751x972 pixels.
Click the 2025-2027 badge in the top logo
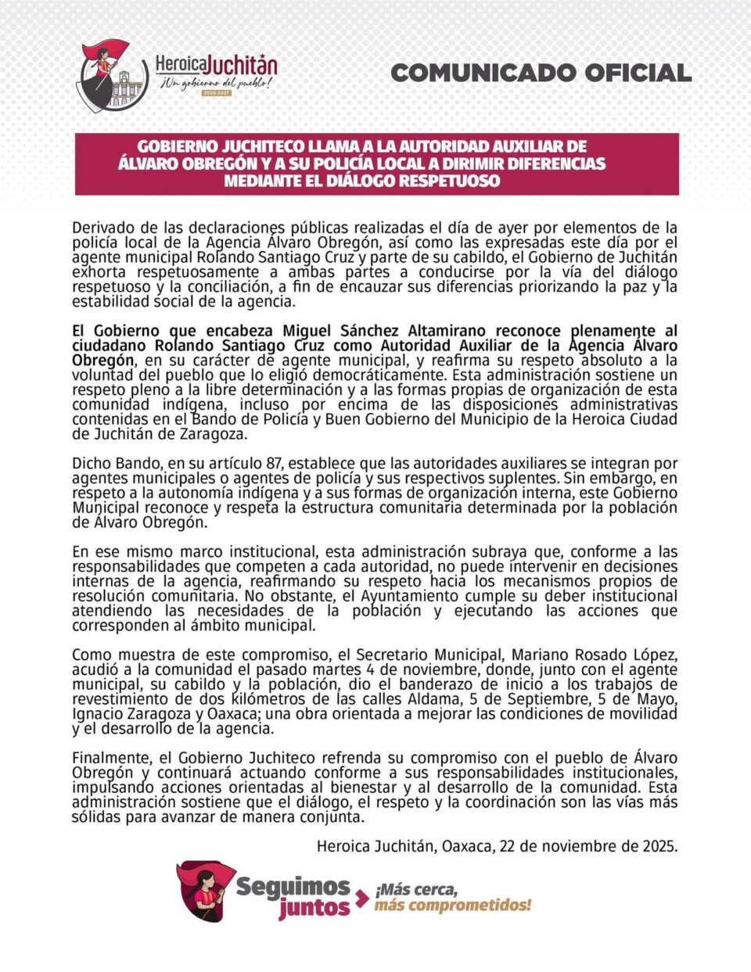[217, 93]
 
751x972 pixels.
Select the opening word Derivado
[102, 228]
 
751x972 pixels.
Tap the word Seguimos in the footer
[293, 886]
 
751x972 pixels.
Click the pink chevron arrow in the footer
[362, 898]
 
